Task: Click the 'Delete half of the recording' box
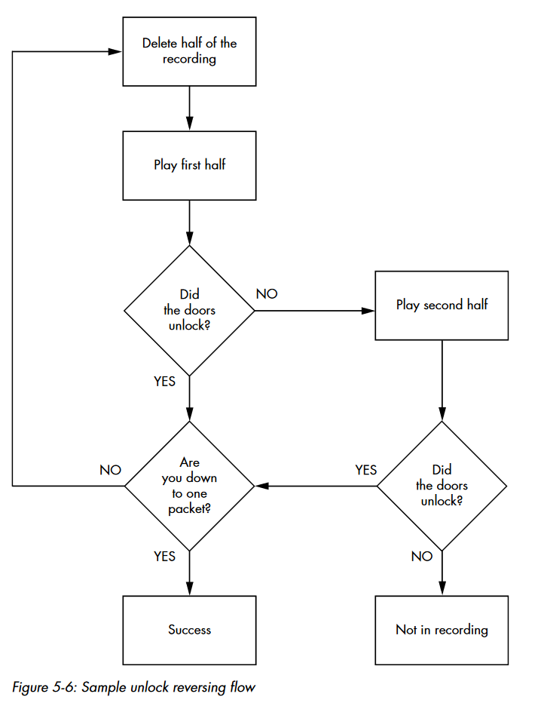click(189, 51)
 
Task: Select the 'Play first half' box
click(189, 165)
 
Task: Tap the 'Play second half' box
click(442, 305)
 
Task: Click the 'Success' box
click(189, 630)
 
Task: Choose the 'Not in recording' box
click(442, 630)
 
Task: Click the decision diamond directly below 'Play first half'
click(189, 310)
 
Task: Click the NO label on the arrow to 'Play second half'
click(267, 294)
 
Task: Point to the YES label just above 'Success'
click(164, 556)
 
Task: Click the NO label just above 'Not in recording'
click(422, 556)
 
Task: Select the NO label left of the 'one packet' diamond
click(110, 470)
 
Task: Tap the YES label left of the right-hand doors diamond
click(365, 470)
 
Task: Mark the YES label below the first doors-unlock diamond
click(164, 382)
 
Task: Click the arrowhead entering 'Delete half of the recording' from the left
click(115, 52)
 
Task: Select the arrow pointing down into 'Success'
click(189, 581)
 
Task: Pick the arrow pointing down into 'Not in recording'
click(442, 581)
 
